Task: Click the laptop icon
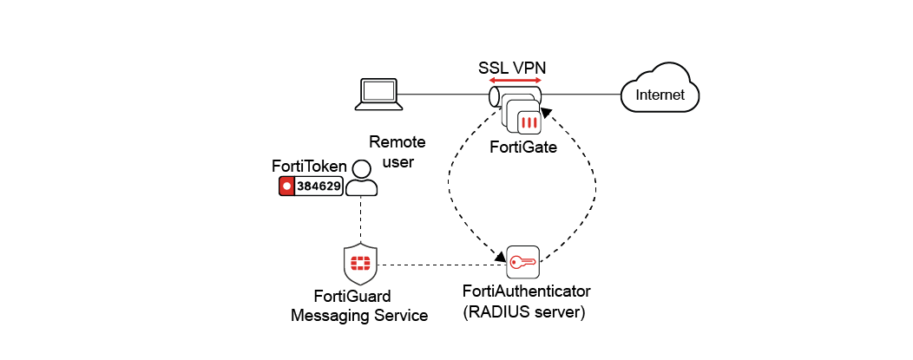tap(378, 94)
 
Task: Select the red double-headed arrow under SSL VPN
tap(515, 81)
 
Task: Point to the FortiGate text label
tap(522, 147)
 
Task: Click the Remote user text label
tap(391, 151)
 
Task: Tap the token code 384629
tap(319, 186)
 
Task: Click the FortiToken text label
tap(309, 166)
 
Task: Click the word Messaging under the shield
tap(333, 315)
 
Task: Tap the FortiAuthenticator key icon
tap(522, 262)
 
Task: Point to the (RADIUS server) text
tap(522, 311)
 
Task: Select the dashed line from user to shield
tap(360, 221)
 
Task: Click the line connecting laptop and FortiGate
tap(443, 94)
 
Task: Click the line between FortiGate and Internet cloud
tap(581, 94)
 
